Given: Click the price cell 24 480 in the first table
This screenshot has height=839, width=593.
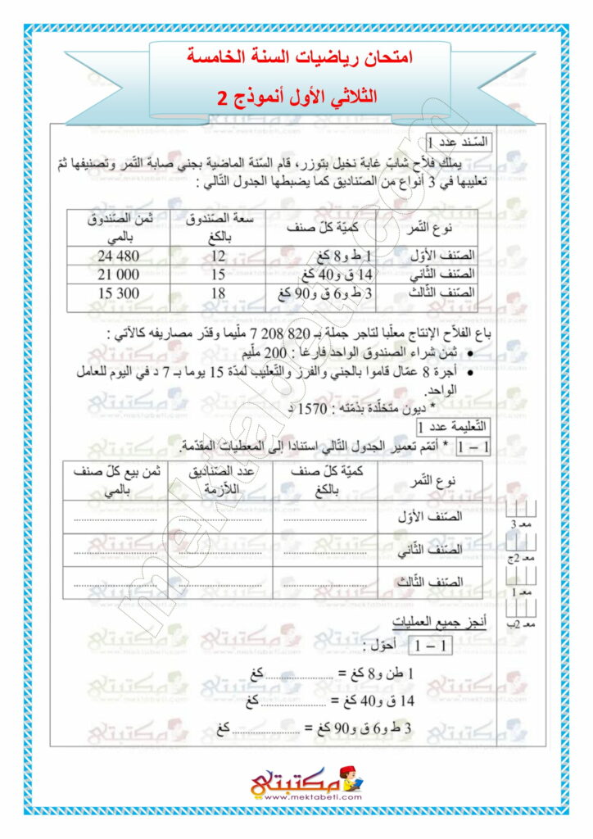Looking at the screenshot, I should pyautogui.click(x=120, y=256).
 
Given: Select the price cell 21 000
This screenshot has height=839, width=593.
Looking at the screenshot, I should pyautogui.click(x=120, y=274).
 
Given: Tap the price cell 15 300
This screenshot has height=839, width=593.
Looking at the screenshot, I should pyautogui.click(x=120, y=293).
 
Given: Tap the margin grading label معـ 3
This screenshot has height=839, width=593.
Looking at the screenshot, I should pyautogui.click(x=521, y=524).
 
